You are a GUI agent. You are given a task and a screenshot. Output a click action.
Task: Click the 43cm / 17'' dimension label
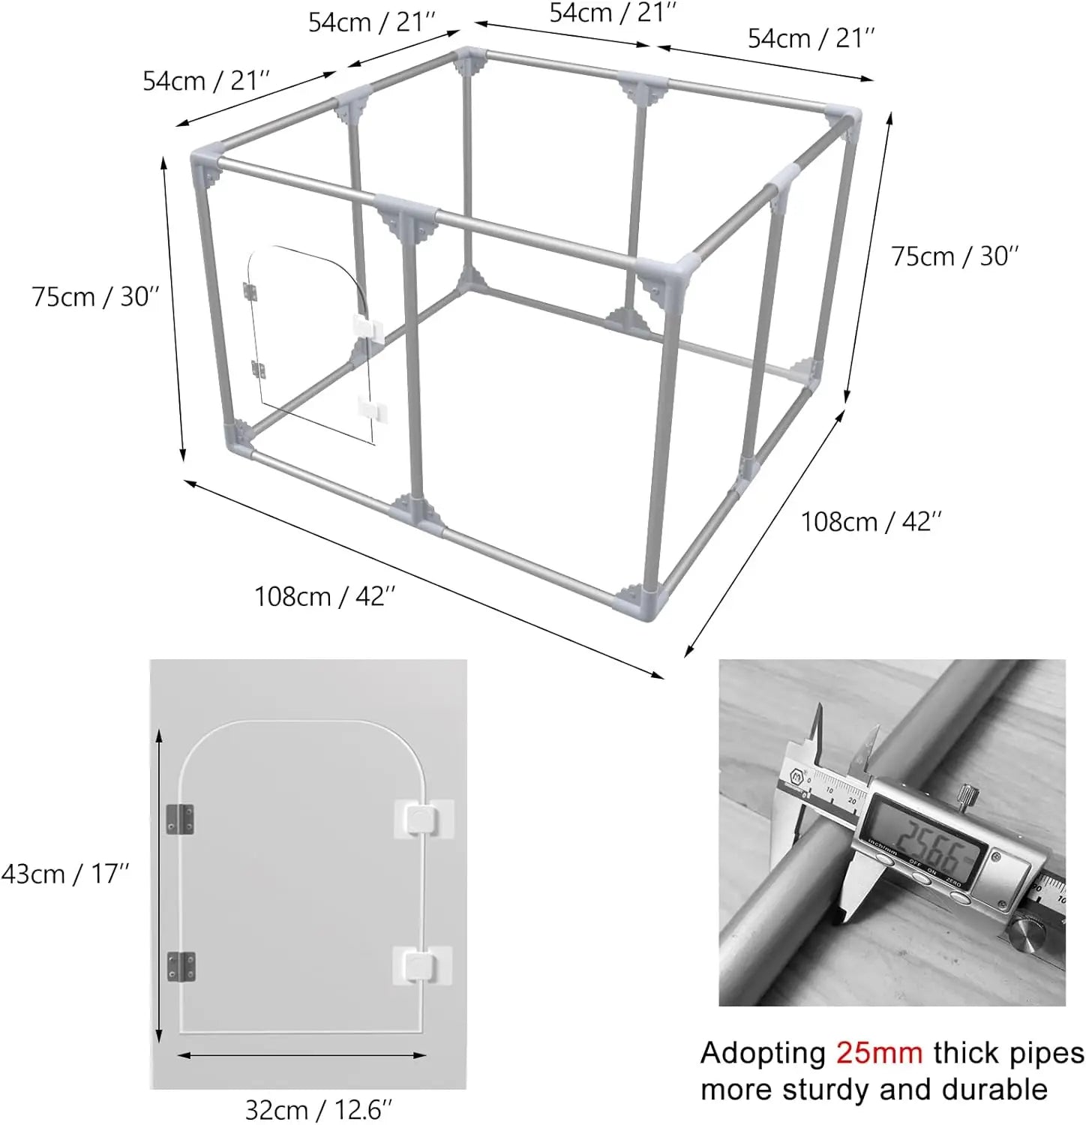(x=65, y=874)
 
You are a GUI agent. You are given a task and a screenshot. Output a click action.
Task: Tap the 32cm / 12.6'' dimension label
(x=319, y=1109)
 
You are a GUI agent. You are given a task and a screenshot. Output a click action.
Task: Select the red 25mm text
(x=879, y=1053)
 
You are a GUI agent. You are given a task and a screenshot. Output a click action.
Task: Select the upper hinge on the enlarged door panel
(x=180, y=820)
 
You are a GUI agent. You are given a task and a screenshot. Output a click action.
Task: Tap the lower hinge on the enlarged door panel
(x=181, y=967)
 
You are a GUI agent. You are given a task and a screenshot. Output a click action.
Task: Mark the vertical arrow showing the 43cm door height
(x=159, y=887)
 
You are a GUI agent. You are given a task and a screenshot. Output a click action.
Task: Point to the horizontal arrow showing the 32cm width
(x=302, y=1055)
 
